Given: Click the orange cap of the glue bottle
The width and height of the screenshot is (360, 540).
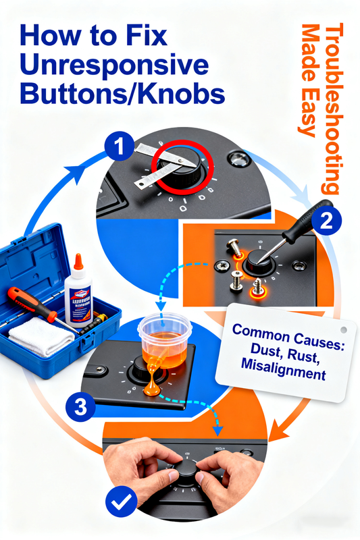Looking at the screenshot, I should click(78, 263).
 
